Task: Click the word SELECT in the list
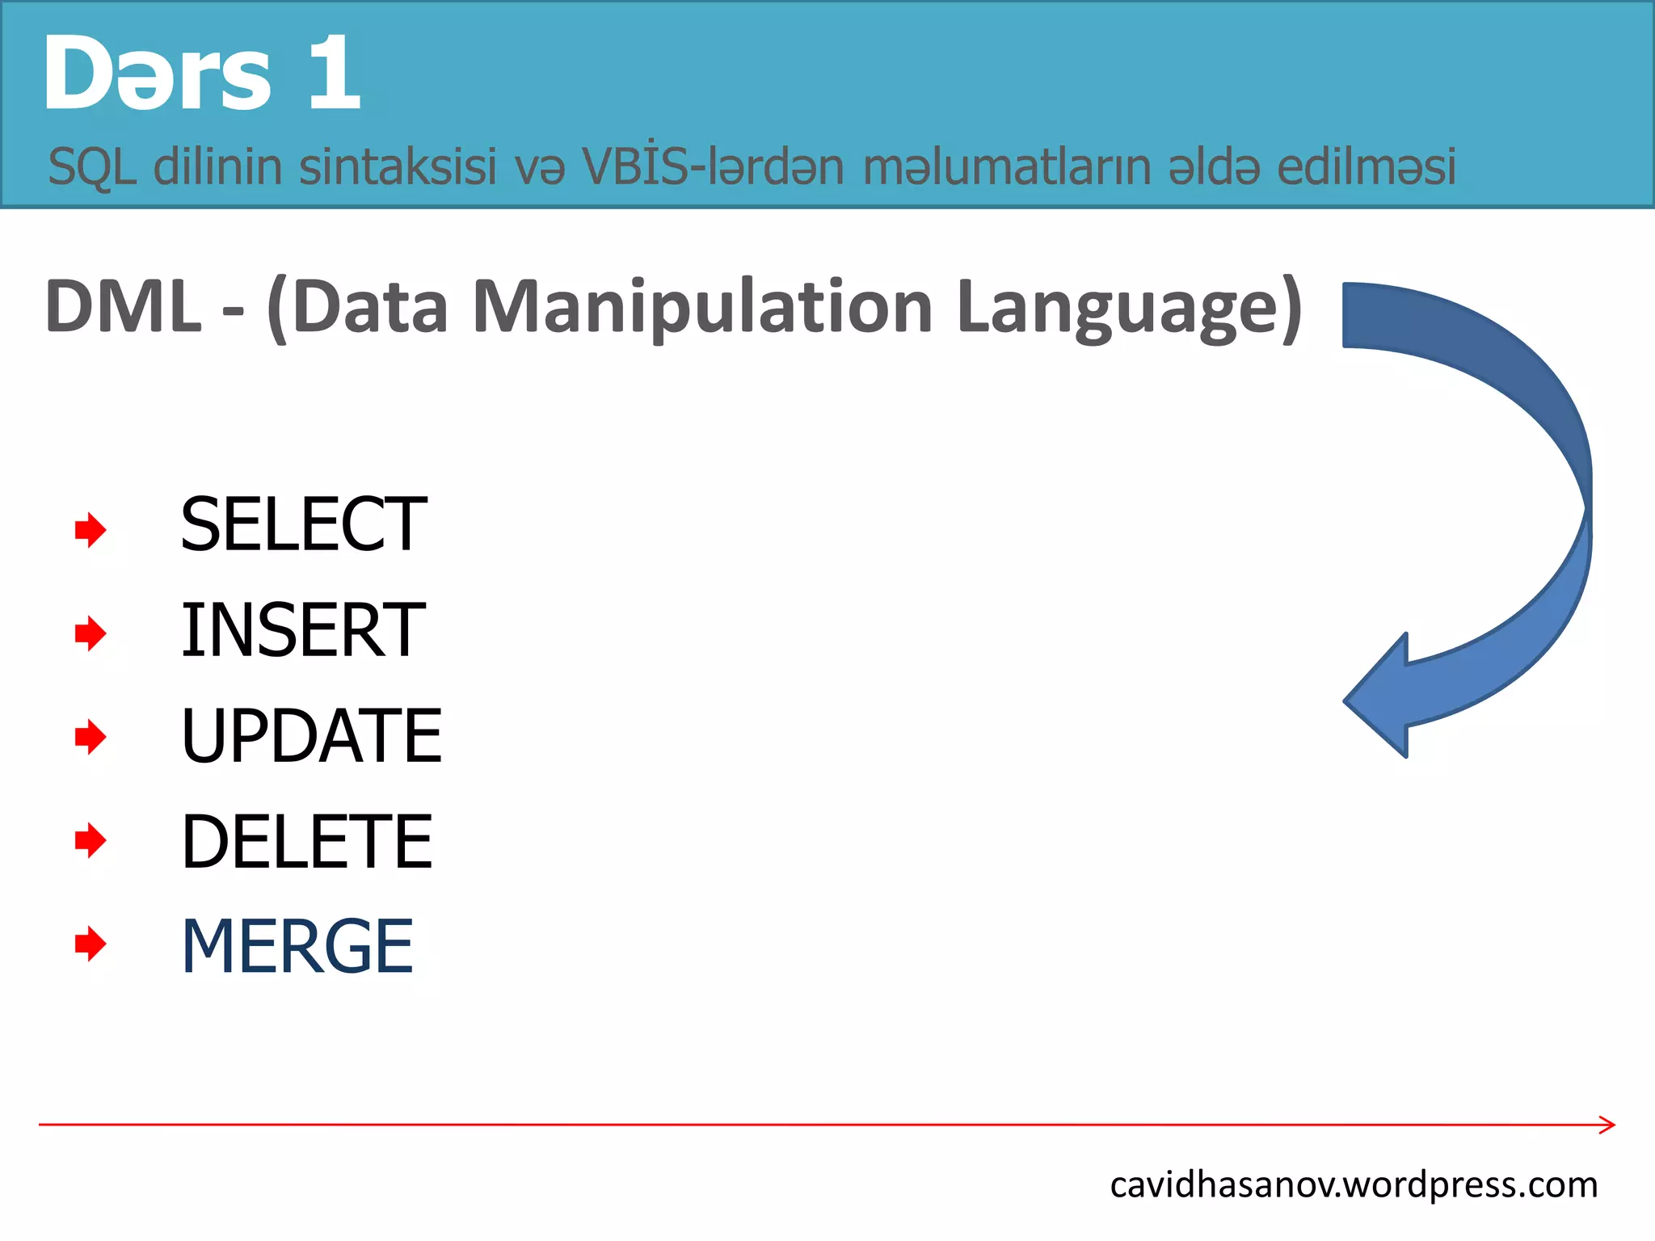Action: [303, 525]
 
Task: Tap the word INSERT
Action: [303, 630]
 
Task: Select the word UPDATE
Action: [311, 735]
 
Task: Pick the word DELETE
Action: [307, 842]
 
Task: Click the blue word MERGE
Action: [297, 947]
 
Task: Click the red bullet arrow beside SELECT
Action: [91, 530]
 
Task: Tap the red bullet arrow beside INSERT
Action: [91, 633]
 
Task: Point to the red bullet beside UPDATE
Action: [91, 737]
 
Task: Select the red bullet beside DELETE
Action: [91, 840]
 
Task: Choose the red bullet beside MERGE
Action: [91, 944]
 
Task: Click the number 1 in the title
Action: [333, 74]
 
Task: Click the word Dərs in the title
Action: [158, 74]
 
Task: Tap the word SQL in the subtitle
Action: [91, 167]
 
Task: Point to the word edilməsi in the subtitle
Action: [1366, 167]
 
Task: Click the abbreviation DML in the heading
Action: [123, 307]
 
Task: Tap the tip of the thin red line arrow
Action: [1612, 1125]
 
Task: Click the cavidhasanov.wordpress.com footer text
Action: [1354, 1185]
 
